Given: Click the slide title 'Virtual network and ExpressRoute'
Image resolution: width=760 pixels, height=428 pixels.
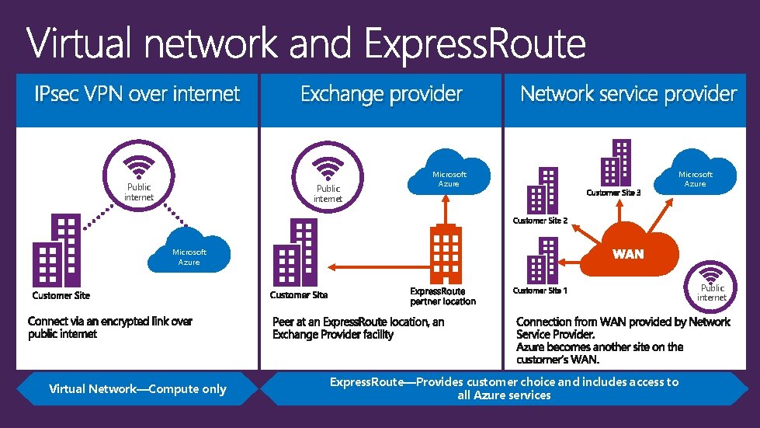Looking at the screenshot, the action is [x=307, y=43].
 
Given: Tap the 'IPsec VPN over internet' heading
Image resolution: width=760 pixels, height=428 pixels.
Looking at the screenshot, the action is [x=137, y=95].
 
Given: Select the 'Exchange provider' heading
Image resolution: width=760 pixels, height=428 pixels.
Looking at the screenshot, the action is [x=381, y=95].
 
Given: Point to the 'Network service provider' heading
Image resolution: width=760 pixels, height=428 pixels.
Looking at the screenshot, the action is [x=628, y=95].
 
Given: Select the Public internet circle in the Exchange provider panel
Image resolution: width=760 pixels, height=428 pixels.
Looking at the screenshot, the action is [x=328, y=178].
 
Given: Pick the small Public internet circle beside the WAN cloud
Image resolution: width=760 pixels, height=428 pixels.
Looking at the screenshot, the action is [x=711, y=281].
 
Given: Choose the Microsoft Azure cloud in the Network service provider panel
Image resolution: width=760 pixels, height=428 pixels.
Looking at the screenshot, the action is [x=695, y=178].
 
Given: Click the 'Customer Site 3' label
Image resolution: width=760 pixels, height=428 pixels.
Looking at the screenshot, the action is [x=613, y=193].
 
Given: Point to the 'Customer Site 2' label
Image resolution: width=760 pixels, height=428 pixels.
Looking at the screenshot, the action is [x=540, y=221].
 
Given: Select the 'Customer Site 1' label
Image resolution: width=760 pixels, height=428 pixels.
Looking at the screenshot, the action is [x=540, y=291].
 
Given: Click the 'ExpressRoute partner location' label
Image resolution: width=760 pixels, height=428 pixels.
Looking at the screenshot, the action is [x=442, y=296].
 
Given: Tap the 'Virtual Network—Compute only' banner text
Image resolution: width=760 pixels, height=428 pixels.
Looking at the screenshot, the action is [x=137, y=389].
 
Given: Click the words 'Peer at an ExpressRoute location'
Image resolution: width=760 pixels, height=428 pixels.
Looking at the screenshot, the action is [x=358, y=322].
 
